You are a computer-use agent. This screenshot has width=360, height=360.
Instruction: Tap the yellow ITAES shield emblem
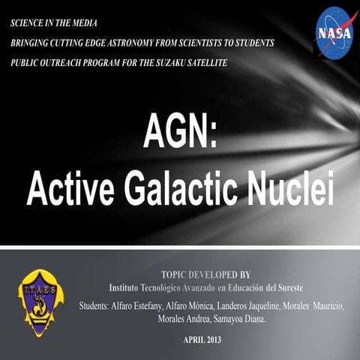40,301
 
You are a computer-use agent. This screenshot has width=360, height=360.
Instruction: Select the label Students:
100,306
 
